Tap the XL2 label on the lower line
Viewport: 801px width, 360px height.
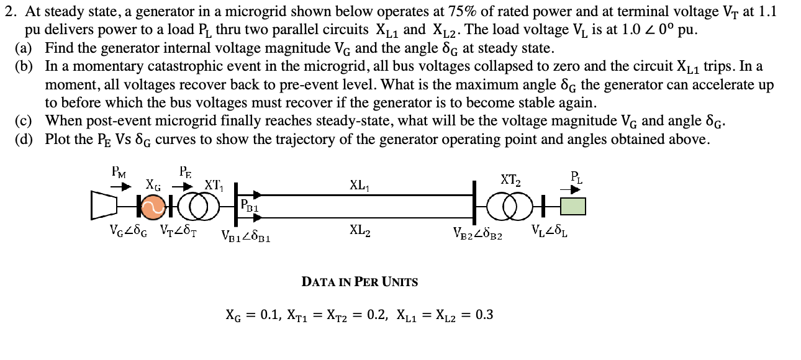click(x=360, y=230)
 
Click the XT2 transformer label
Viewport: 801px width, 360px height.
click(x=510, y=180)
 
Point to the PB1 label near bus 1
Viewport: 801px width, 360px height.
click(x=250, y=204)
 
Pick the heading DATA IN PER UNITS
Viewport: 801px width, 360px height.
click(x=360, y=282)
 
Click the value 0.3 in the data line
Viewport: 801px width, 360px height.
click(x=484, y=315)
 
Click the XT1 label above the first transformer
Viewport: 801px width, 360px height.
click(x=214, y=185)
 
